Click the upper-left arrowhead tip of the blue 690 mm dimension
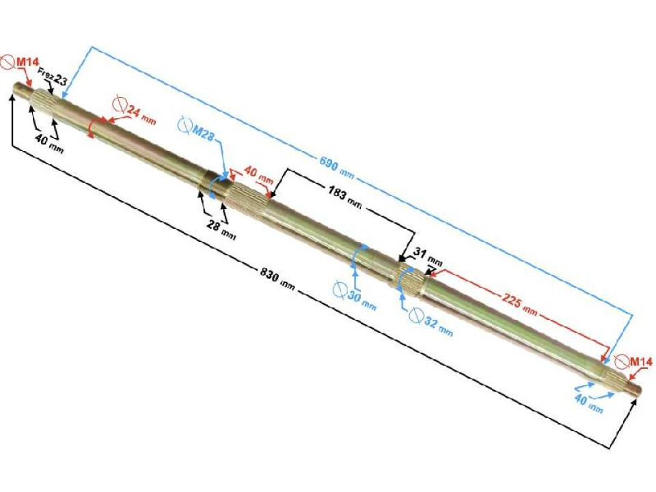click(62, 97)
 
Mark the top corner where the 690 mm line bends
click(92, 47)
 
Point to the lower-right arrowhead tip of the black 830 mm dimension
click(636, 399)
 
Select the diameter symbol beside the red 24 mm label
click(120, 103)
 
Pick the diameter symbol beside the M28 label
click(184, 124)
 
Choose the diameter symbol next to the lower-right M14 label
click(621, 361)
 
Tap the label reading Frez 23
click(53, 77)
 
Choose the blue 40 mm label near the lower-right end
click(588, 404)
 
